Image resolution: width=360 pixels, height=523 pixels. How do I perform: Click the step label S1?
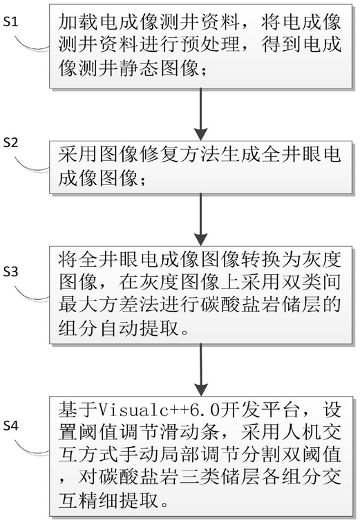(10, 22)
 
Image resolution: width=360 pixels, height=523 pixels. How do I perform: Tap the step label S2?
(10, 143)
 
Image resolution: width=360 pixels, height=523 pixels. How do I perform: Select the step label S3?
(10, 272)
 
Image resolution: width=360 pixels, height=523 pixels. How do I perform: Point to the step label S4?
(10, 426)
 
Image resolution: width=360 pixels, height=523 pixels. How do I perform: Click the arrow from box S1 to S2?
(201, 114)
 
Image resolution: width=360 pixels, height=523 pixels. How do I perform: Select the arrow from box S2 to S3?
(201, 220)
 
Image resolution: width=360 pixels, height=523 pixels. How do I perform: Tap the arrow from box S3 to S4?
(201, 370)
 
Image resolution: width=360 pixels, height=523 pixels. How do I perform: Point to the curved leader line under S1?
(32, 46)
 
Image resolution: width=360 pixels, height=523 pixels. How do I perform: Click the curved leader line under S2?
(32, 166)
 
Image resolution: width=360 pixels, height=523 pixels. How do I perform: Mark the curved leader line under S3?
(32, 295)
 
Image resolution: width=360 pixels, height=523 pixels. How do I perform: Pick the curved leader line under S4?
(32, 449)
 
